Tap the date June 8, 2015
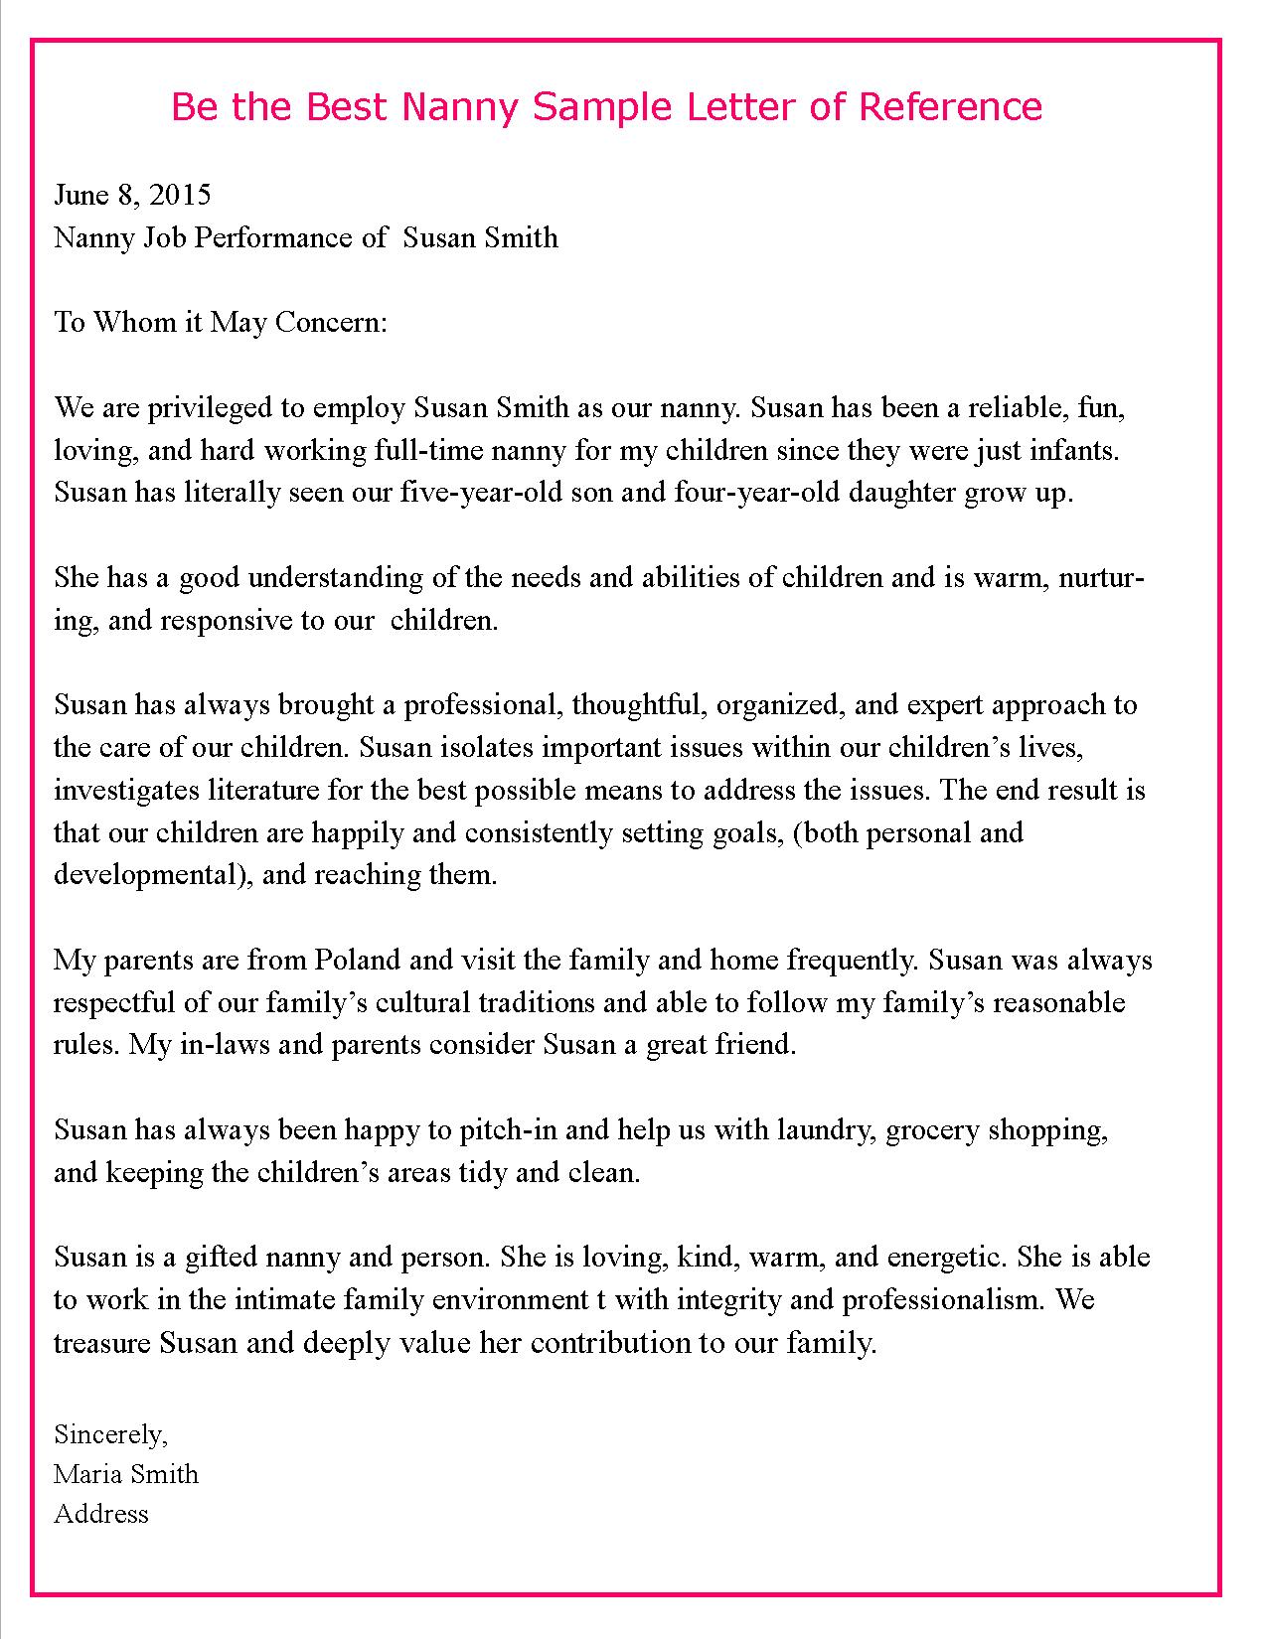[x=132, y=195]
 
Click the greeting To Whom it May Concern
[x=220, y=323]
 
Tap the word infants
[x=1077, y=451]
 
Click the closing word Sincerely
[x=111, y=1434]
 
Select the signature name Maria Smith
[x=126, y=1474]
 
